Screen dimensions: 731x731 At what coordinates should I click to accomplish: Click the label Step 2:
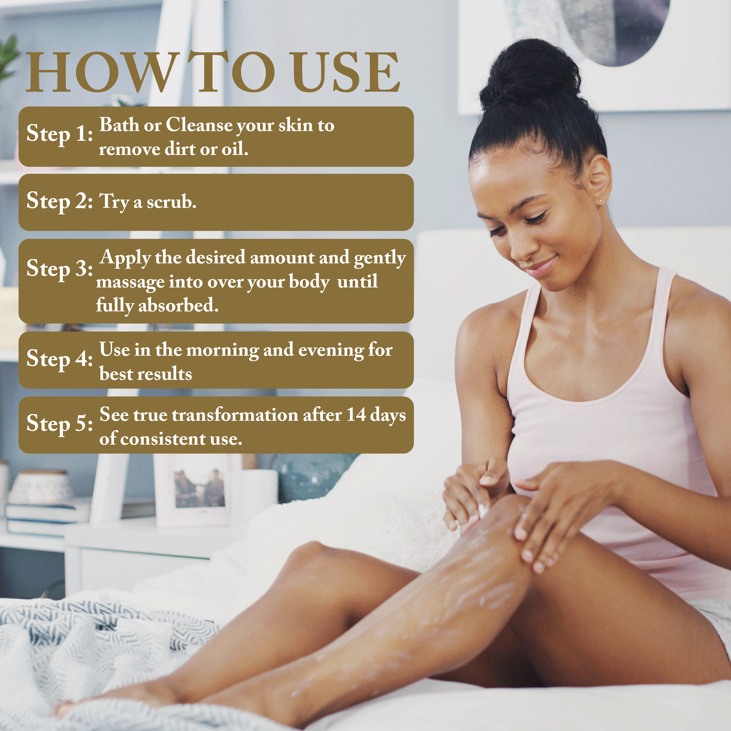[59, 201]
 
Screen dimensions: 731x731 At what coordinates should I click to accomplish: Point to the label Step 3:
[59, 269]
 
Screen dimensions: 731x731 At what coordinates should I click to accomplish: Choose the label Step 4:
[59, 359]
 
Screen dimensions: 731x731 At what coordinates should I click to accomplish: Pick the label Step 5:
[59, 423]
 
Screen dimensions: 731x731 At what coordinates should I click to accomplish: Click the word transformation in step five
[235, 415]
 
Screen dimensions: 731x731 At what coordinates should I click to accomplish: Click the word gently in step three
[380, 259]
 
